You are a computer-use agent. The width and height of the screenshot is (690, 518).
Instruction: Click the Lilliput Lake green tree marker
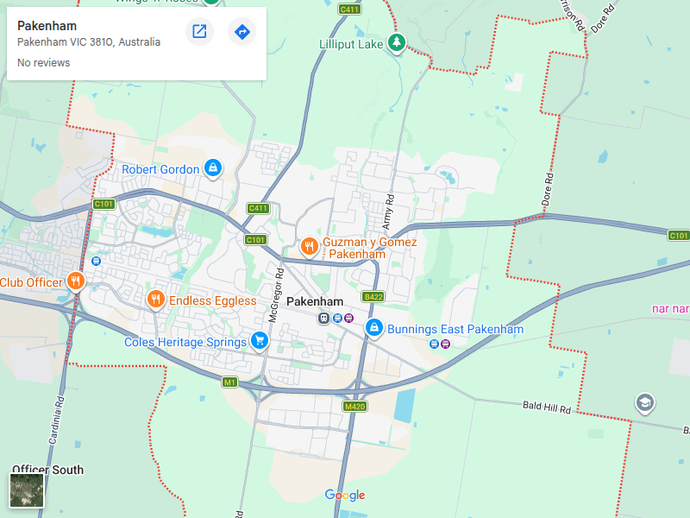[396, 42]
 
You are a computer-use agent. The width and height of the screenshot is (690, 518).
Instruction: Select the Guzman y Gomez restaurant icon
[309, 248]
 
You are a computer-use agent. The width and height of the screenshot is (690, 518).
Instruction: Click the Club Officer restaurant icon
[76, 281]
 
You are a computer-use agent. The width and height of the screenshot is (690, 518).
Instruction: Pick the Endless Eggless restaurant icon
[155, 300]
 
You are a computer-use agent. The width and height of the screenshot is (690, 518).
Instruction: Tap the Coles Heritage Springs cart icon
[259, 341]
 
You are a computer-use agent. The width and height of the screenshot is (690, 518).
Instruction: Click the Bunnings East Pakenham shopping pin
[374, 328]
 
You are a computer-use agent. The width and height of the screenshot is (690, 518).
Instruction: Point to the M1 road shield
[229, 382]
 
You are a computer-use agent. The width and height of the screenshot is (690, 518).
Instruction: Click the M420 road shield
[354, 406]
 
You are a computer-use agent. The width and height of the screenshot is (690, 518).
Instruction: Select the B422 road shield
[373, 296]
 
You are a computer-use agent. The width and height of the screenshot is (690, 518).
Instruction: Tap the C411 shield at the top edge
[349, 9]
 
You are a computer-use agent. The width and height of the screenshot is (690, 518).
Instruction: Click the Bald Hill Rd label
[547, 407]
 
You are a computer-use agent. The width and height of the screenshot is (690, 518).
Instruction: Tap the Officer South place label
[48, 470]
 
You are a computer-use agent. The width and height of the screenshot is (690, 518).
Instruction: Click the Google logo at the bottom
[345, 495]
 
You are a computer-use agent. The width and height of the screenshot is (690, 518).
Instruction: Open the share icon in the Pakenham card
[199, 32]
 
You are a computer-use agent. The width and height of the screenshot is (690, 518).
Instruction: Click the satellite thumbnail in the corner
[27, 490]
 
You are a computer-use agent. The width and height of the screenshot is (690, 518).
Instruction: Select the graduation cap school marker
[644, 402]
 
